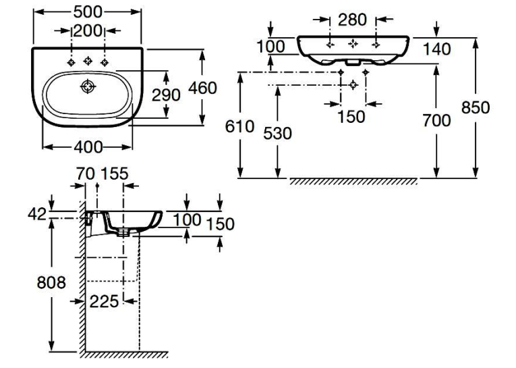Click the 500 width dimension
click(x=88, y=12)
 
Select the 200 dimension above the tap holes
click(x=88, y=31)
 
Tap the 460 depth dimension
click(x=202, y=88)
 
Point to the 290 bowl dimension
click(x=166, y=95)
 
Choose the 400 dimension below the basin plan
click(x=88, y=147)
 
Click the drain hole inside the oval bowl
click(x=88, y=86)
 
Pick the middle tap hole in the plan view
click(x=88, y=61)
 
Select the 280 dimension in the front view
click(x=353, y=20)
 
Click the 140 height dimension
click(x=436, y=49)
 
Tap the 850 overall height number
click(x=476, y=108)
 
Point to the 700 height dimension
click(x=436, y=121)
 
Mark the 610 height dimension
click(x=240, y=126)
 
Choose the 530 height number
click(x=278, y=134)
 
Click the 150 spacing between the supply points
click(x=351, y=117)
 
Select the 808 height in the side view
click(x=51, y=283)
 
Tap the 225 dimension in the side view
click(x=104, y=301)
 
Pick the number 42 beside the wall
click(x=37, y=215)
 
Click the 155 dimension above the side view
click(x=114, y=174)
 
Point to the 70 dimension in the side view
click(x=86, y=174)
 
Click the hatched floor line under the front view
click(x=353, y=181)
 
